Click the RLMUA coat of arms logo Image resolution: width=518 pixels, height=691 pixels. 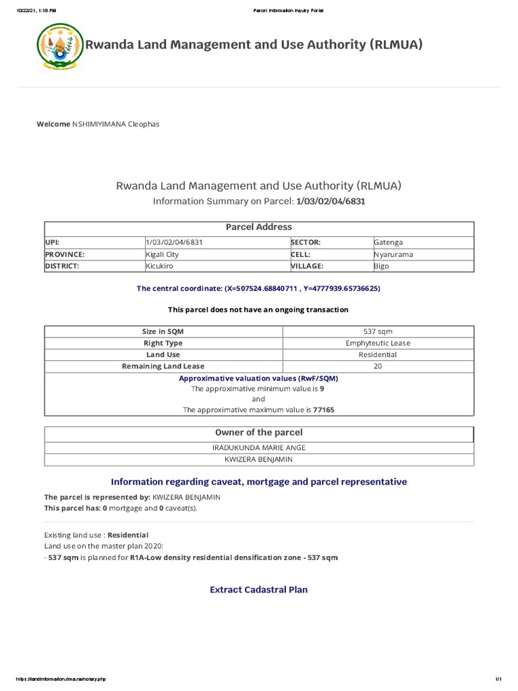coord(59,47)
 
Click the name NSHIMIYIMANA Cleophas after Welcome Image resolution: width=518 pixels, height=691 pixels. coord(115,124)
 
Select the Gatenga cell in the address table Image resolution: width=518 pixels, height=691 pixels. coord(388,242)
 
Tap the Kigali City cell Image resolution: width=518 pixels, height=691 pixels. coord(163,254)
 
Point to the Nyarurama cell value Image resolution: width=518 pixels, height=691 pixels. coord(393,254)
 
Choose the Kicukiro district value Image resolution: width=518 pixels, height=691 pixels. coord(160,267)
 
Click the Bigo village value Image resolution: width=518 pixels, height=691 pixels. coord(382,267)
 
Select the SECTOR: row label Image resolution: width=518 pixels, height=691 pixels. coord(306,242)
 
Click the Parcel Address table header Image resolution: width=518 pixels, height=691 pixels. coord(259,227)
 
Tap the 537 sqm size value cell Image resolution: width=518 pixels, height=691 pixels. coord(378,331)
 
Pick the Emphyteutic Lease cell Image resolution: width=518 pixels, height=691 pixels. coord(378,343)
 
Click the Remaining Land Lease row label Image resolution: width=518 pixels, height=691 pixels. coord(163,366)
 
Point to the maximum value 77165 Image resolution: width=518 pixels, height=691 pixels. coord(323,410)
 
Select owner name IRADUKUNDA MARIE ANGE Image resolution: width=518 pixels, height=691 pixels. coord(259,447)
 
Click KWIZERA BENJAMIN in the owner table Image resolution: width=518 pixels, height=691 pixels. coord(259,460)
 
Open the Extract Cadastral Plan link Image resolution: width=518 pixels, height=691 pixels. coord(259,590)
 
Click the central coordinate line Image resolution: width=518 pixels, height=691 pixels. coord(259,289)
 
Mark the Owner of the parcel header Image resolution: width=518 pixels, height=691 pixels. coord(259,433)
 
